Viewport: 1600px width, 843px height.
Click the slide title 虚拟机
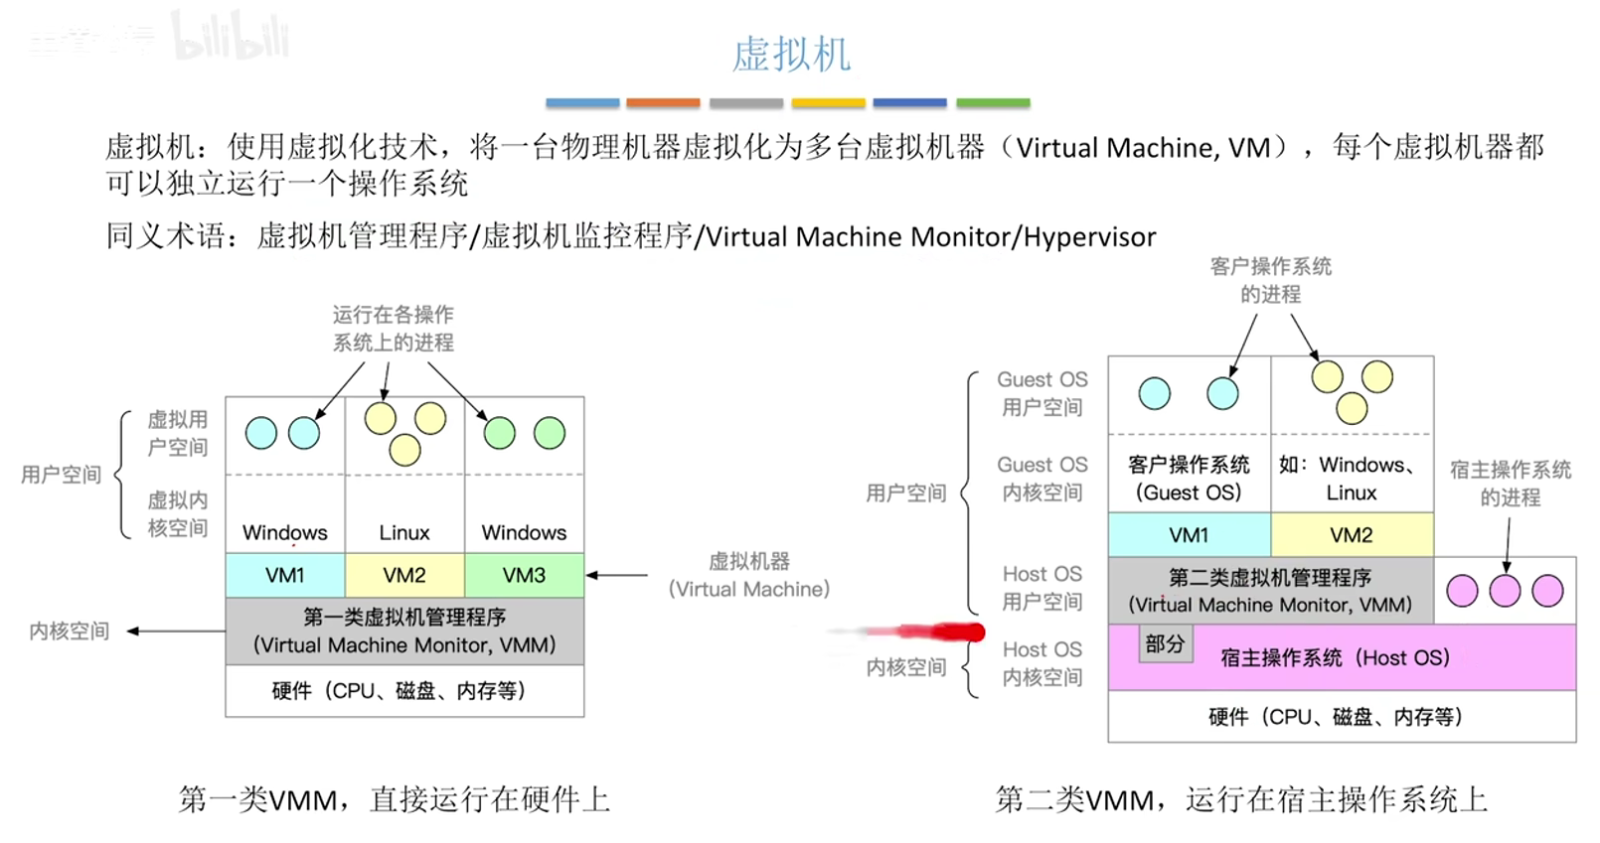(x=791, y=55)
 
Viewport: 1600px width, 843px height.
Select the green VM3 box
(x=525, y=575)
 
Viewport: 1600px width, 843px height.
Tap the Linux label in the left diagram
(x=404, y=532)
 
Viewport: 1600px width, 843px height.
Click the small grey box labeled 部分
(x=1165, y=643)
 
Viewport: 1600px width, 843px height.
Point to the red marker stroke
(x=907, y=632)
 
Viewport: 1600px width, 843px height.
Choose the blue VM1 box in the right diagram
(x=1190, y=534)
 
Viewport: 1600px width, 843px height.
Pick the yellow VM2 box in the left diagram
(x=404, y=575)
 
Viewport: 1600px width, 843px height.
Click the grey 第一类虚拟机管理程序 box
(x=404, y=631)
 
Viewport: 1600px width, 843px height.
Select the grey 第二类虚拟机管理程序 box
(x=1271, y=591)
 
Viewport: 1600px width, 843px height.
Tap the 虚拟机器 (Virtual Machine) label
(x=749, y=575)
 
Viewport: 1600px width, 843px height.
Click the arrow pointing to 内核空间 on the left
(x=177, y=631)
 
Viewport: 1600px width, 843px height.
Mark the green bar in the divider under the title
(x=993, y=103)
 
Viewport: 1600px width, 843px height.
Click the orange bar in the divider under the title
(x=663, y=103)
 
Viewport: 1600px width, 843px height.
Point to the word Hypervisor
(x=1089, y=237)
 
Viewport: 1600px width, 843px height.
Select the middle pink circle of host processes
(x=1505, y=591)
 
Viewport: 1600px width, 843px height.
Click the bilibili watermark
(x=230, y=36)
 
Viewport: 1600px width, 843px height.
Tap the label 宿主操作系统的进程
(x=1510, y=484)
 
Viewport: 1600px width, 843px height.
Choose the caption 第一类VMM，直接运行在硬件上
(x=395, y=799)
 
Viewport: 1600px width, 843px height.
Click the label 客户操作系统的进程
(x=1271, y=280)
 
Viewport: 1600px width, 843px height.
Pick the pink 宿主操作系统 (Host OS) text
(x=1335, y=657)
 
